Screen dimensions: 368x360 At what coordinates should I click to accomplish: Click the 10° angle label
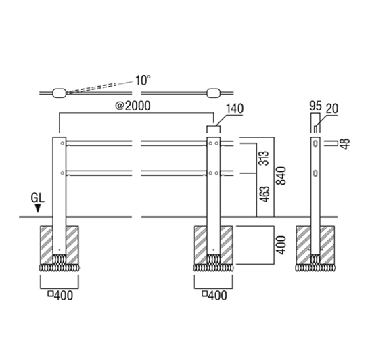[143, 81]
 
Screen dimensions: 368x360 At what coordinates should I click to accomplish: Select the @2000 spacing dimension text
[133, 106]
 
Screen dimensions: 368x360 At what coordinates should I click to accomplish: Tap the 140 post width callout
[235, 109]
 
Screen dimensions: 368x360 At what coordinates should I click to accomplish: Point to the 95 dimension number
[315, 106]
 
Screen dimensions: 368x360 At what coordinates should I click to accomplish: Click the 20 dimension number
[332, 108]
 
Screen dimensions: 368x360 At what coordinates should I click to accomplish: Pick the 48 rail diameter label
[345, 144]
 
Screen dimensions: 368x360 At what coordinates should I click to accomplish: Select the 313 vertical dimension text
[264, 158]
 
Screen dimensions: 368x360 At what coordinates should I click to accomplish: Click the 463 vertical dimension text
[264, 194]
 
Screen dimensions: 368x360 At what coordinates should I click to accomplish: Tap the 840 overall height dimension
[281, 176]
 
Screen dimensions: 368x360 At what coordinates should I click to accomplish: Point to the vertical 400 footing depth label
[281, 245]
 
